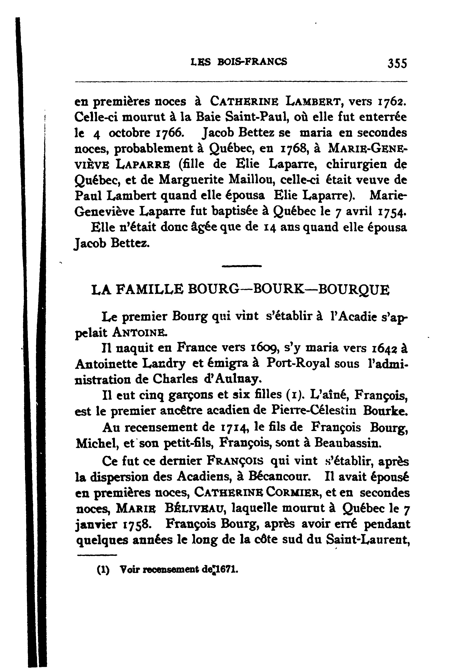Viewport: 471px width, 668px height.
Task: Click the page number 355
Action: pos(397,63)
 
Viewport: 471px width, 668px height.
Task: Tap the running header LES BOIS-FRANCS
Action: pos(239,62)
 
